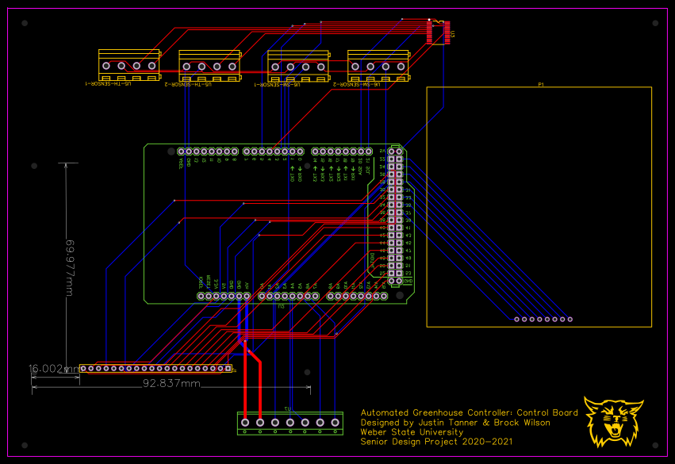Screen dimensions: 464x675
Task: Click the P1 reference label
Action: (540, 83)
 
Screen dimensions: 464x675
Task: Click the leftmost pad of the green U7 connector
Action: (246, 423)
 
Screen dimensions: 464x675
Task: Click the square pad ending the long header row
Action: (228, 368)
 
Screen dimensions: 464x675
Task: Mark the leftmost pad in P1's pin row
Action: (516, 319)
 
